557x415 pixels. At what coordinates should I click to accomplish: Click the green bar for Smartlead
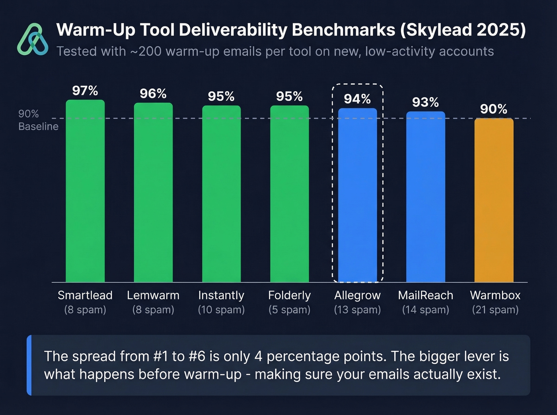tap(85, 191)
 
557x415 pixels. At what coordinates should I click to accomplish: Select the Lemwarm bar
tap(153, 193)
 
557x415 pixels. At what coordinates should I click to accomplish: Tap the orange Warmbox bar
tap(494, 201)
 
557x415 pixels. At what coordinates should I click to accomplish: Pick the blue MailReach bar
tap(425, 197)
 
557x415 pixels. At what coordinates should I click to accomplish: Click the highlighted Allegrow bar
tap(357, 195)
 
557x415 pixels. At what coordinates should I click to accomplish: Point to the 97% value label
tap(85, 91)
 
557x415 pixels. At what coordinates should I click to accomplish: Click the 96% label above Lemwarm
tap(153, 94)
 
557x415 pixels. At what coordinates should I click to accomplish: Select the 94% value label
tap(357, 99)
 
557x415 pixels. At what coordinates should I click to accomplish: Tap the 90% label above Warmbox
tap(494, 109)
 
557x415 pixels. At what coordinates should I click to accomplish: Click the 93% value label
tap(425, 102)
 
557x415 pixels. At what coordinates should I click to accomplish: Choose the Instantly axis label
tap(221, 295)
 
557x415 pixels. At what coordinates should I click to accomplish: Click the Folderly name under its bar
tap(289, 295)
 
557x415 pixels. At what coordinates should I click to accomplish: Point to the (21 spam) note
tap(495, 310)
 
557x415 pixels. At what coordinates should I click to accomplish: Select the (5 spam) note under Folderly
tap(289, 310)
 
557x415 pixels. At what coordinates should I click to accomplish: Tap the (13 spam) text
tap(357, 310)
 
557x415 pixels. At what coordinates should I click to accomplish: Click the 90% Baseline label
tap(38, 120)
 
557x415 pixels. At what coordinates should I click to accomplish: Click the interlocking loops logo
tap(33, 39)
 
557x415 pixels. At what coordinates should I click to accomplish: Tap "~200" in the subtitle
tap(145, 52)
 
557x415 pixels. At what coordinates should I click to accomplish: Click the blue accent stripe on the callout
tap(29, 365)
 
